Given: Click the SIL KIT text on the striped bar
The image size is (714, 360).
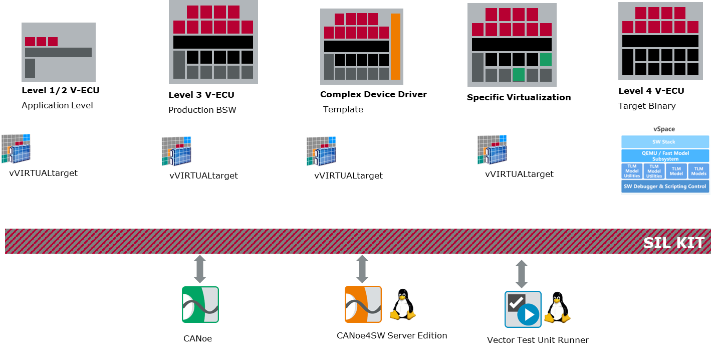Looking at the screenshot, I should pos(673,243).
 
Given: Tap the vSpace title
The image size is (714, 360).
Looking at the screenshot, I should pos(665,129).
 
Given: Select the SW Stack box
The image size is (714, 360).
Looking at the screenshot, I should pos(665,142).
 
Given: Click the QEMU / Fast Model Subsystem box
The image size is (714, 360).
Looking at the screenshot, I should pos(665,156).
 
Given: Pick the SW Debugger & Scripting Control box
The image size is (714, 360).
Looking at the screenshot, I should pos(665,187).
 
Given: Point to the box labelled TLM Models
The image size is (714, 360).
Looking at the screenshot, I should pos(698,171).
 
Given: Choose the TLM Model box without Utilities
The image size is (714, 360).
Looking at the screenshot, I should pos(676,171).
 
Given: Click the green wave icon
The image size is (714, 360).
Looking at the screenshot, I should pos(200,304).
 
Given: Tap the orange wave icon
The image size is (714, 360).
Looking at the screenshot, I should pos(363,304).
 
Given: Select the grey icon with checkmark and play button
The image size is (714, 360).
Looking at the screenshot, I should pos(523,309).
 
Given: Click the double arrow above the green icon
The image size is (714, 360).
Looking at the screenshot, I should pos(200,269).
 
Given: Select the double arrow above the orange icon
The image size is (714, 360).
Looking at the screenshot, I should pos(362,269).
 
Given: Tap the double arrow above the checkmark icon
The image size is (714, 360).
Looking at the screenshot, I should pos(522,274).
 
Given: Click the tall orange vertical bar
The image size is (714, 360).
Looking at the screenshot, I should pos(395,47).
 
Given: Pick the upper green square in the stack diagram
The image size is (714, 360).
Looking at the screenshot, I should pos(546,60).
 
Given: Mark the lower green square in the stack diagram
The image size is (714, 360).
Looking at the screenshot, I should pos(519,75).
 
